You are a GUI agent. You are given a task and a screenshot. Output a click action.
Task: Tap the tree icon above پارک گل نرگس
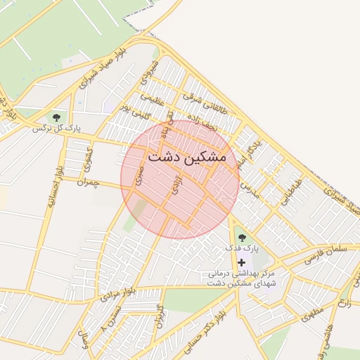pyautogui.click(x=56, y=117)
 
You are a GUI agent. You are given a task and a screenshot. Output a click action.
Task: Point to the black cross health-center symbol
pyautogui.click(x=241, y=262)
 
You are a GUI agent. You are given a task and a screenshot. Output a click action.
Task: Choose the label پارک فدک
pyautogui.click(x=242, y=248)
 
